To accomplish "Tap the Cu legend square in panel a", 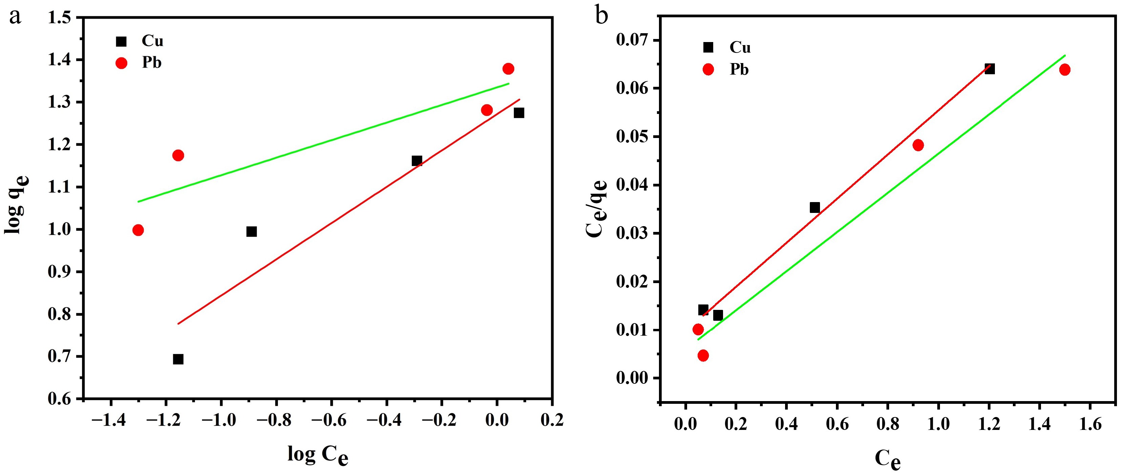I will (x=121, y=41).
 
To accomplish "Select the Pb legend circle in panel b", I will (x=708, y=69).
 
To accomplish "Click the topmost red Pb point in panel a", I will (x=508, y=69).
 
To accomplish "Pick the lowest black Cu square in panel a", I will (x=178, y=359).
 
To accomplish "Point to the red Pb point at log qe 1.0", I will (x=138, y=230).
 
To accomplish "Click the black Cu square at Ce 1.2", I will (x=989, y=69).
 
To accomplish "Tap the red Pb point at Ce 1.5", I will (x=1065, y=70).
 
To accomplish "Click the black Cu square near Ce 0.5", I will (x=815, y=208).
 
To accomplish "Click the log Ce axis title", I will (x=318, y=455).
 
